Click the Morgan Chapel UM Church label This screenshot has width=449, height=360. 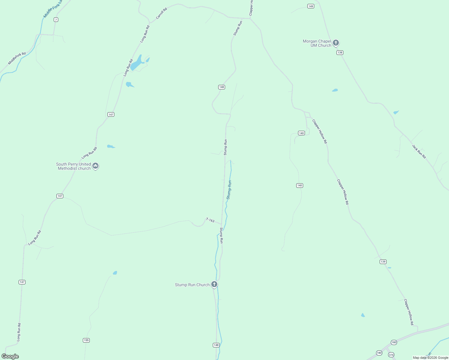coord(317,43)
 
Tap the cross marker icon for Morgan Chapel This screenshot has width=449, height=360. coord(336,43)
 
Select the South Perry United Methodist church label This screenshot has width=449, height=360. coord(74,166)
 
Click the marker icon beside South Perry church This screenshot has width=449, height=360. coord(95,166)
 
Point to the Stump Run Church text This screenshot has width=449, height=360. coord(192,285)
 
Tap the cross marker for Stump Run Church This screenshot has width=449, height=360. coord(214,284)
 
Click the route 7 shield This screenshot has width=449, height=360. coord(56,19)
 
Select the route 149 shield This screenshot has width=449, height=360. coord(311,6)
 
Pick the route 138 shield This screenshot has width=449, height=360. coord(339,52)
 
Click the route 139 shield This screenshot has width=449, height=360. coord(383,262)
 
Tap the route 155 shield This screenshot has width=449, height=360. coord(86,340)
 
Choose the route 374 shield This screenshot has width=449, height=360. coord(391,355)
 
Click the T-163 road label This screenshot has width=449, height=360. coord(210,220)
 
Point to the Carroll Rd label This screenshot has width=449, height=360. coord(161,13)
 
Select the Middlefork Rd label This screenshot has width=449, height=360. coord(17,58)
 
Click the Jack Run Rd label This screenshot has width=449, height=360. coord(419,151)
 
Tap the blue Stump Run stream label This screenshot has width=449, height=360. coord(229,190)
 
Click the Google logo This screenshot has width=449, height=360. coord(10,356)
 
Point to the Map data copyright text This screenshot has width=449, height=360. coord(430,358)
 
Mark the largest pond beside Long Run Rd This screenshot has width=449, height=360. coord(137,63)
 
